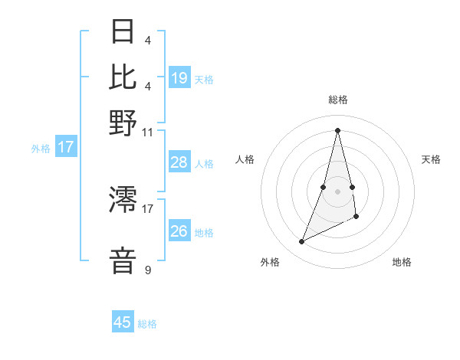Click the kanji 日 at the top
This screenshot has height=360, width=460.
click(123, 32)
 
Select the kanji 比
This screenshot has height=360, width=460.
click(123, 77)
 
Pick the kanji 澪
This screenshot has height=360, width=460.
click(123, 201)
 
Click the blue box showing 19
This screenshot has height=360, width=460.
click(179, 77)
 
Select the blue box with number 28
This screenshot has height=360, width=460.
click(179, 162)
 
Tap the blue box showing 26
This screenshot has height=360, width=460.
click(179, 231)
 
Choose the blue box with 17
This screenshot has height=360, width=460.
click(66, 146)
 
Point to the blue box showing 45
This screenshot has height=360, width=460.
click(123, 322)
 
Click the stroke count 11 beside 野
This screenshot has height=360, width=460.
click(147, 131)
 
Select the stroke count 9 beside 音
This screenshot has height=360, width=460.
click(147, 270)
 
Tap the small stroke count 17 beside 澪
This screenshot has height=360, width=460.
click(147, 208)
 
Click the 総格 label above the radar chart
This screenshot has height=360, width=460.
click(337, 100)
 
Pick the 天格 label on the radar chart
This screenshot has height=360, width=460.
click(431, 159)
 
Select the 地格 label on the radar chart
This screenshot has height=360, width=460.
click(402, 262)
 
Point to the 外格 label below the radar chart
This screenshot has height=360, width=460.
click(270, 262)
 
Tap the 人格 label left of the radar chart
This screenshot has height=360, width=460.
click(245, 159)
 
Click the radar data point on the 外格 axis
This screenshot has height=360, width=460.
click(301, 242)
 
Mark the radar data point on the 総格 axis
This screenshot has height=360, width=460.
click(337, 129)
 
